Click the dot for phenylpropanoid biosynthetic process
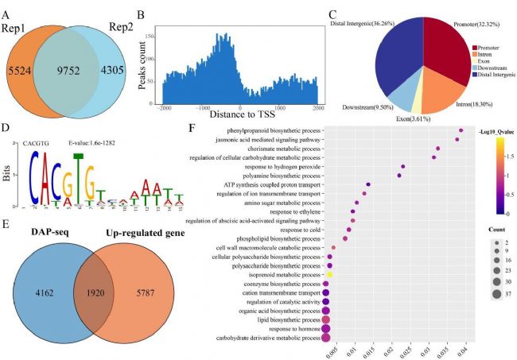coord(461,130)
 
